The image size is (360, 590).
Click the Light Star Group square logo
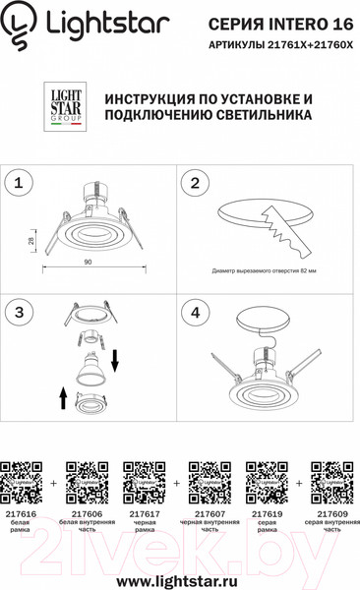[65, 106]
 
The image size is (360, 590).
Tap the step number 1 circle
[19, 183]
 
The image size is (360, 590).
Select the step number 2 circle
[195, 183]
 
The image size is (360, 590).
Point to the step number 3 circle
[19, 313]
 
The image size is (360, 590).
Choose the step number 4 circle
[195, 313]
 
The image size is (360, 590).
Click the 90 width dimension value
[88, 262]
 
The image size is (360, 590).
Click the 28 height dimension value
[31, 241]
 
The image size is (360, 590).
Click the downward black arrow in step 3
[115, 360]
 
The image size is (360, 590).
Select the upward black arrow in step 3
[63, 398]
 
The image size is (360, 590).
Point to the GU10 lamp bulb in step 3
[90, 368]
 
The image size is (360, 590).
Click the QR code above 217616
[21, 483]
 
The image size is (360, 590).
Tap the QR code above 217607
[210, 483]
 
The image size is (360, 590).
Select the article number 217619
[267, 514]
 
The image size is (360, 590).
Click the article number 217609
[332, 514]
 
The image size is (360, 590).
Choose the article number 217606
[87, 514]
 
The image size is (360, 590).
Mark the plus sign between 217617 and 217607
[177, 483]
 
